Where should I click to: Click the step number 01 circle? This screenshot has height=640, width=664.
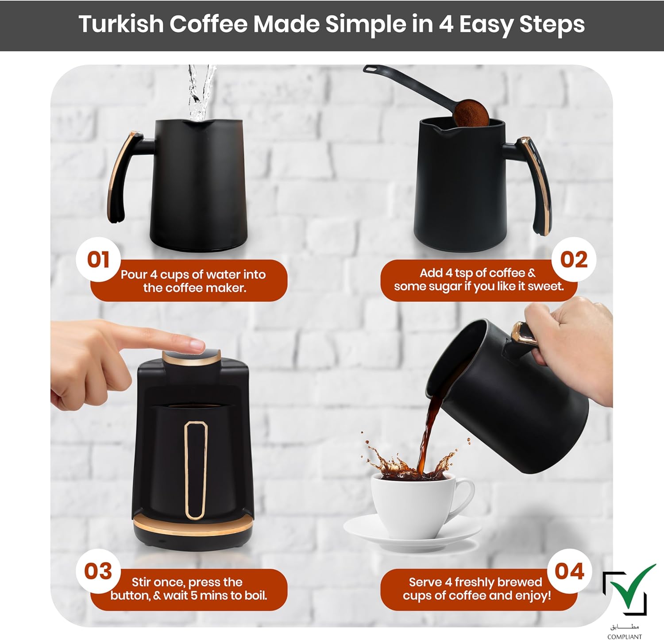tap(98, 259)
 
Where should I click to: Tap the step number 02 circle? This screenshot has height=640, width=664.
tap(574, 259)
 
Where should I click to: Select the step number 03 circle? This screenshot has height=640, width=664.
tap(98, 571)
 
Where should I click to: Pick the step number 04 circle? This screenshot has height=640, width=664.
tap(570, 571)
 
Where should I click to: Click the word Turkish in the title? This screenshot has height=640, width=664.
tap(121, 24)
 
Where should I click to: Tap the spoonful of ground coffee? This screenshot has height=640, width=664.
tap(471, 112)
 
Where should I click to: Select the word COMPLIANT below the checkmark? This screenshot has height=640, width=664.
tap(625, 636)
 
